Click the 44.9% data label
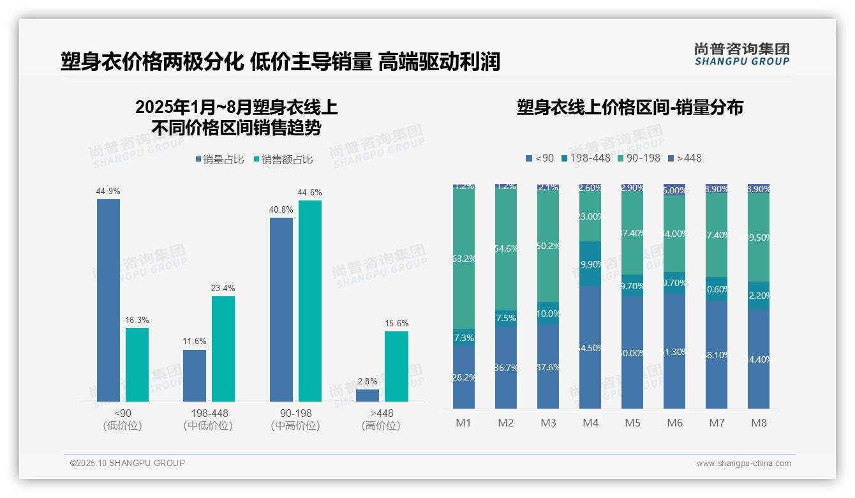click(108, 191)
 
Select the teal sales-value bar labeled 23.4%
click(223, 349)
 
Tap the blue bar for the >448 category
click(368, 395)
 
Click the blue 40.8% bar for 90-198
click(281, 309)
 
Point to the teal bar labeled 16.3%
click(137, 365)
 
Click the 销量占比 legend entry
click(219, 160)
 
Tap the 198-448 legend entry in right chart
click(585, 158)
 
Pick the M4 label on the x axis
click(590, 423)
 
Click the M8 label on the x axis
click(759, 423)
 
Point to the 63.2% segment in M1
click(464, 259)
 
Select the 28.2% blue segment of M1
click(464, 377)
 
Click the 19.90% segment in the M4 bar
click(590, 264)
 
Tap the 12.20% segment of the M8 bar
click(759, 296)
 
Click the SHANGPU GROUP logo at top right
click(741, 54)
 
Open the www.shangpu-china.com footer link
click(743, 464)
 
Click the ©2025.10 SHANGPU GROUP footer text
click(128, 463)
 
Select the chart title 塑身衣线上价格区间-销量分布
click(630, 107)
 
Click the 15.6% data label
click(397, 323)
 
